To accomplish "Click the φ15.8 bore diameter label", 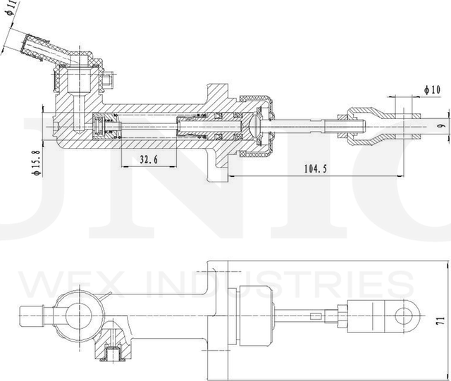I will [16, 161].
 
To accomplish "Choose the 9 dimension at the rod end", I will [440, 126].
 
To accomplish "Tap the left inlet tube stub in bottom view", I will [32, 314].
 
